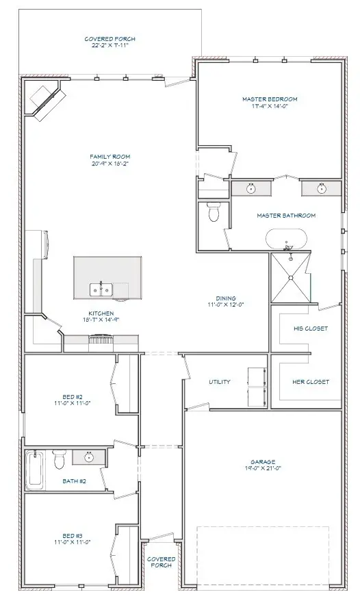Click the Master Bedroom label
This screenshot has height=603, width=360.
[x=270, y=103]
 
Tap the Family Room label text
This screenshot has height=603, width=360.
[x=110, y=160]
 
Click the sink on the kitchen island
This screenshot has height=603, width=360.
[x=101, y=290]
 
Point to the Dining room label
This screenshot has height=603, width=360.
[x=225, y=302]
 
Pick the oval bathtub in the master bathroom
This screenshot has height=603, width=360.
[x=286, y=240]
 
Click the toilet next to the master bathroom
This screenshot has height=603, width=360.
[x=213, y=214]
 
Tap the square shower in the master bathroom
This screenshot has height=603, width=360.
[x=291, y=277]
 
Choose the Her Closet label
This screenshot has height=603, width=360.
[x=311, y=382]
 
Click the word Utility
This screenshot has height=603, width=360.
[x=219, y=382]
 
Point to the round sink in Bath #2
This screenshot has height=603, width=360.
[x=88, y=457]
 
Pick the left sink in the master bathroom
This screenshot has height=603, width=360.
[x=250, y=188]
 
